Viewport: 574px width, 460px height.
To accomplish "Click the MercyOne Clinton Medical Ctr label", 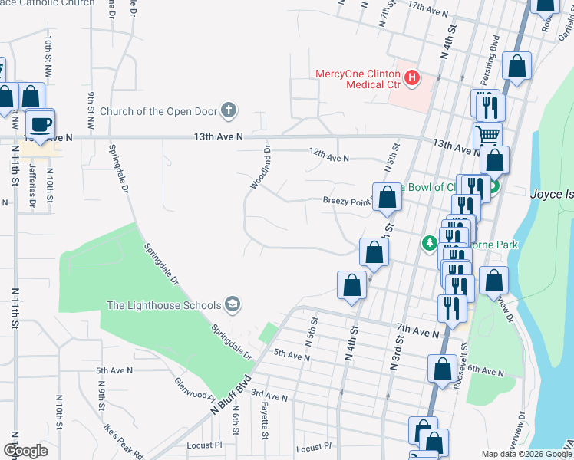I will click(x=360, y=74).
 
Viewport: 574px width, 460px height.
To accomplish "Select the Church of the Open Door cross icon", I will click(x=228, y=111).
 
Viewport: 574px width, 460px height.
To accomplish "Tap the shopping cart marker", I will click(x=488, y=135).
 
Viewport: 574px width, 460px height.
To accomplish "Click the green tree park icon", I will click(x=430, y=244).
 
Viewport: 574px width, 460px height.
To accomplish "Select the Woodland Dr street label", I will click(x=261, y=167).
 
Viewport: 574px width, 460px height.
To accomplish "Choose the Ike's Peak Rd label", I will click(x=124, y=439).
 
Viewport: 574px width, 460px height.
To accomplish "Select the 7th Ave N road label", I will click(x=417, y=330).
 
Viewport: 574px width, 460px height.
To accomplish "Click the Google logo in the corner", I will click(x=26, y=451).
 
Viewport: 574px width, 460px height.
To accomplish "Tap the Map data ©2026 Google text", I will click(x=526, y=455).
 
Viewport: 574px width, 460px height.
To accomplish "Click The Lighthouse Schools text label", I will click(x=163, y=305).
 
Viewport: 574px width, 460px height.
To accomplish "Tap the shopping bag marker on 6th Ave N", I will click(x=442, y=369).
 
